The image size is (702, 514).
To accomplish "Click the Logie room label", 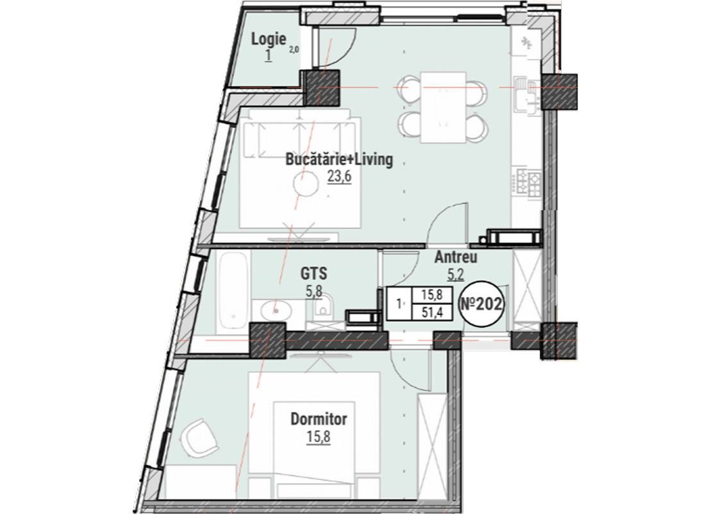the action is [x=269, y=39].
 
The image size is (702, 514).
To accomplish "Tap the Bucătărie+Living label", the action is [x=339, y=159].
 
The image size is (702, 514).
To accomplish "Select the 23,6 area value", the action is [x=339, y=176].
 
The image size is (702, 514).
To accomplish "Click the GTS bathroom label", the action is [x=313, y=273].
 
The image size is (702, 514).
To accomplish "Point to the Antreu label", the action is [x=456, y=257].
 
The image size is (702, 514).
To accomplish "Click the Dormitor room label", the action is [x=319, y=419].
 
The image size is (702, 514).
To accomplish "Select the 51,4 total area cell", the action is [x=433, y=312].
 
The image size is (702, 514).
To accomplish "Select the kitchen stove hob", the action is [x=529, y=184].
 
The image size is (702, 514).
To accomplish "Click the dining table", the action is [x=443, y=107].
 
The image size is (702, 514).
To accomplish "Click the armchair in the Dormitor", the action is [x=199, y=437].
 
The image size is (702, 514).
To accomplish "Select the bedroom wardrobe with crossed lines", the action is [x=432, y=445].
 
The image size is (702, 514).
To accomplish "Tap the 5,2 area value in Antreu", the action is [x=456, y=274].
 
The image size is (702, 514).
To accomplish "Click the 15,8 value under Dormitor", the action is [x=319, y=436].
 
